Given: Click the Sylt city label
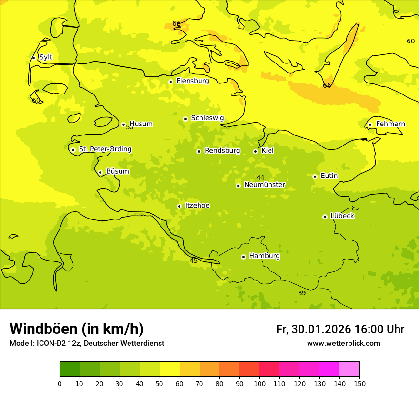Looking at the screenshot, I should click(x=46, y=57).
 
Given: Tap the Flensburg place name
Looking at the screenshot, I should click(x=192, y=81).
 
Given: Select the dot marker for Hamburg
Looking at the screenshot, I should click(x=243, y=257).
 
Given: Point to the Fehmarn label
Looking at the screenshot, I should click(x=390, y=124).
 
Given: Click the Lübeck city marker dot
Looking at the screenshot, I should click(x=325, y=217).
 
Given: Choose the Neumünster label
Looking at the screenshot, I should click(x=265, y=185).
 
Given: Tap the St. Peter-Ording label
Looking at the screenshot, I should click(x=105, y=149).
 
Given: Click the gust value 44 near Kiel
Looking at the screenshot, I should click(x=260, y=177).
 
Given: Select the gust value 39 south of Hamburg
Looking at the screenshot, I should click(x=302, y=293).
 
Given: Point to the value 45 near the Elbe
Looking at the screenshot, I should click(x=194, y=261).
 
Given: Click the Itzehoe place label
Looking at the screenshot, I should click(x=197, y=206).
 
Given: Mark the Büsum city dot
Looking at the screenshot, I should click(x=100, y=172).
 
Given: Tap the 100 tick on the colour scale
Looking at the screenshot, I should click(x=259, y=383).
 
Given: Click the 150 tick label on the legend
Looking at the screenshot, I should click(x=359, y=383).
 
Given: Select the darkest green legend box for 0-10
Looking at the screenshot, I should click(x=70, y=369).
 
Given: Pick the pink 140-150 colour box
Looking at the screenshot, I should click(x=349, y=369).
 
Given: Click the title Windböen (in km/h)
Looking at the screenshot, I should click(x=77, y=329).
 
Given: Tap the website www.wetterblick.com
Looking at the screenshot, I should click(x=343, y=344).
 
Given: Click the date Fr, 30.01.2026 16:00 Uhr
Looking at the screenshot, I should click(x=340, y=329).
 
